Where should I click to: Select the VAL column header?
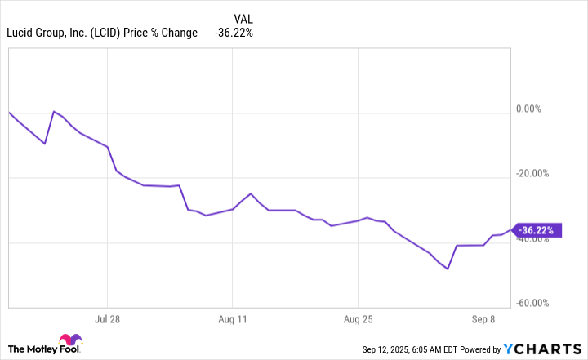tap(243, 18)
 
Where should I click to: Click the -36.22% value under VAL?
tap(234, 33)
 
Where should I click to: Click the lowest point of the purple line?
tap(448, 269)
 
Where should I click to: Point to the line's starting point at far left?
tap(9, 112)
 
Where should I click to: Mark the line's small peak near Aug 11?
tap(251, 193)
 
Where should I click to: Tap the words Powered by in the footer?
tap(482, 350)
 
